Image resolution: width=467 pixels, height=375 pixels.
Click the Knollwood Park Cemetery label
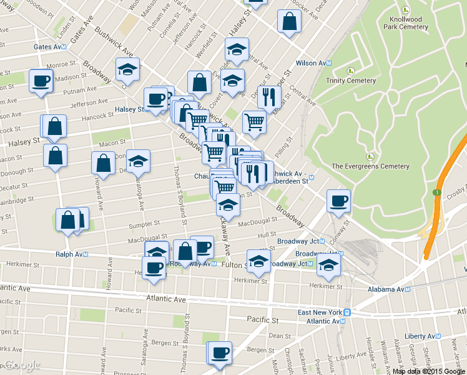pyautogui.click(x=405, y=23)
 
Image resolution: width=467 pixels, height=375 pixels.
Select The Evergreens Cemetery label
pyautogui.click(x=370, y=166)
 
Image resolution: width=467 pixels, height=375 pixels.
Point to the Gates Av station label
pyautogui.click(x=51, y=47)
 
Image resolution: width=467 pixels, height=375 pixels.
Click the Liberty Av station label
pyautogui.click(x=426, y=336)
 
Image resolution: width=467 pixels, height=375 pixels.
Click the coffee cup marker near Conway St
pyautogui.click(x=338, y=201)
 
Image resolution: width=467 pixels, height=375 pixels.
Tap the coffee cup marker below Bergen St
pyautogui.click(x=219, y=352)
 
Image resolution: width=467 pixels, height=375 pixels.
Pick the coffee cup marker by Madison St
pyautogui.click(x=41, y=81)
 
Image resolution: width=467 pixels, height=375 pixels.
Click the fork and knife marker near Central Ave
pyautogui.click(x=269, y=96)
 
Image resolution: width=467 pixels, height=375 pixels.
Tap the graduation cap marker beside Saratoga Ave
pyautogui.click(x=138, y=161)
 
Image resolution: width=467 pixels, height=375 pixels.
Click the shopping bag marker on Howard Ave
pyautogui.click(x=102, y=162)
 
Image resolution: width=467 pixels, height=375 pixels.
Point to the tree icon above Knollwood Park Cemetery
pyautogui.click(x=406, y=10)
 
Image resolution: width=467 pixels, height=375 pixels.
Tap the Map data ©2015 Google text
pyautogui.click(x=428, y=371)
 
